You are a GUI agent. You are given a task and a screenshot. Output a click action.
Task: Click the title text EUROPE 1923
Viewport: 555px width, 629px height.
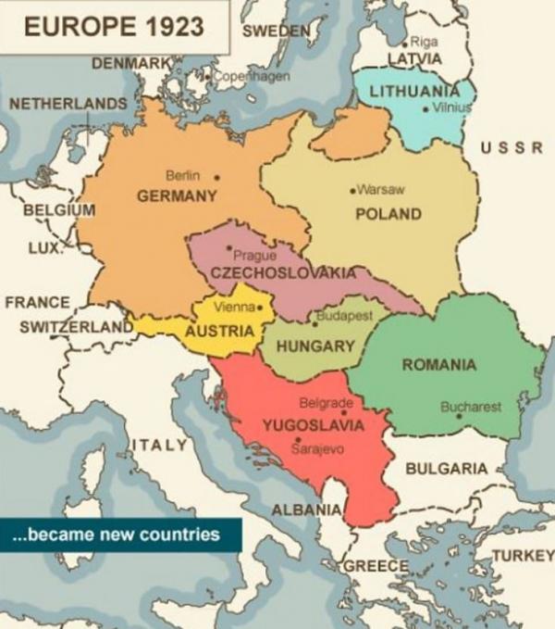[x=114, y=27]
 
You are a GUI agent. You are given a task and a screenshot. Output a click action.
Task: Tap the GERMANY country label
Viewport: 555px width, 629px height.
[x=177, y=196]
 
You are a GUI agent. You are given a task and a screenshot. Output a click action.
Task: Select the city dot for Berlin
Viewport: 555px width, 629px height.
[x=217, y=176]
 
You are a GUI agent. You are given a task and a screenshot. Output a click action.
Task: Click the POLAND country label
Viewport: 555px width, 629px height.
[x=388, y=214]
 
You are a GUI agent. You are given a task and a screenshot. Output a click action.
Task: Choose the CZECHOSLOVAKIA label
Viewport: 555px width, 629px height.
[x=283, y=273]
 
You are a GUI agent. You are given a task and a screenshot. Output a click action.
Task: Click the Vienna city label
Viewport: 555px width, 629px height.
[x=234, y=307]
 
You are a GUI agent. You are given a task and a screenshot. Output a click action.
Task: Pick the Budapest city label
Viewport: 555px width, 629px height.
[x=346, y=316]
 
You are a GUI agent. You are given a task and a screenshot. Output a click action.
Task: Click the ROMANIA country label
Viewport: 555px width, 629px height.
[x=439, y=364]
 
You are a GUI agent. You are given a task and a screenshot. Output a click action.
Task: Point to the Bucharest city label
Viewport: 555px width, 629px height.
[x=471, y=406]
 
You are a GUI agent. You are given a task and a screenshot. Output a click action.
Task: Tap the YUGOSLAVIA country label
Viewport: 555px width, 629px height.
[x=313, y=426]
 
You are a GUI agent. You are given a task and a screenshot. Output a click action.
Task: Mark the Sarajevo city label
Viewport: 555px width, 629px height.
[x=317, y=448]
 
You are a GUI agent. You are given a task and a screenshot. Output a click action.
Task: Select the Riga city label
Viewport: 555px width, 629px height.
[x=423, y=42]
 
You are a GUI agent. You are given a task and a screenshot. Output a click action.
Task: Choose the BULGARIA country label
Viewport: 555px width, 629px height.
[x=446, y=468]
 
